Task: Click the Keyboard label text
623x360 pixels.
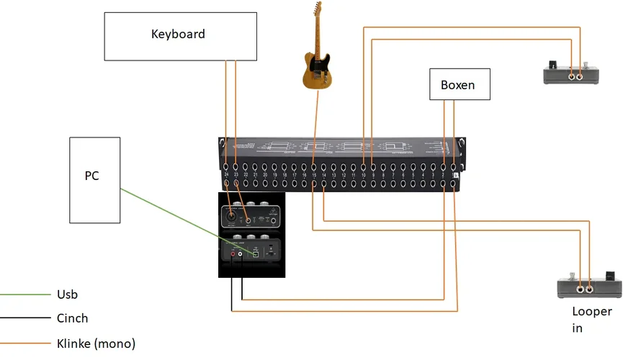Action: (x=178, y=34)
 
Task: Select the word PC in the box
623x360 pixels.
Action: (x=91, y=176)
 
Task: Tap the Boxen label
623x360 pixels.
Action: (x=458, y=85)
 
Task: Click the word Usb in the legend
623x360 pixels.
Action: (x=67, y=294)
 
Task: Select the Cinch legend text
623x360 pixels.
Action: (x=72, y=318)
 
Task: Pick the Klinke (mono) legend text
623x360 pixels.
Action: (x=96, y=343)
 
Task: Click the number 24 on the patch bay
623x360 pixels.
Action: (x=226, y=175)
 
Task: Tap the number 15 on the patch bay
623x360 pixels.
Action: (x=314, y=175)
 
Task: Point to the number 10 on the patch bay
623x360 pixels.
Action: (x=364, y=175)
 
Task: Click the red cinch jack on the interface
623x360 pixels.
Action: (x=233, y=253)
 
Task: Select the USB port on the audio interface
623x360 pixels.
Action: (x=255, y=253)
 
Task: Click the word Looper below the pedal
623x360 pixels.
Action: (x=591, y=312)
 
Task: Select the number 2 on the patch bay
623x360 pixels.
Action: (x=443, y=175)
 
